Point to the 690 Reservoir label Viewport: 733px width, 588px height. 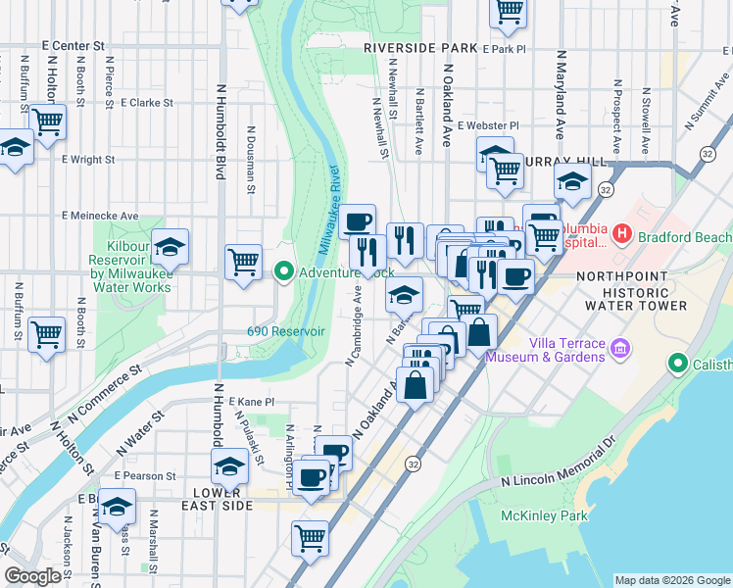(285, 331)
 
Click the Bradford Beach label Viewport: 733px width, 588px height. (684, 237)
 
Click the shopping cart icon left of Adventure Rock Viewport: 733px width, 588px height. (243, 262)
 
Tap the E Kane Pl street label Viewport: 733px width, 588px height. (252, 402)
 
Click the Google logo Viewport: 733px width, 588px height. (33, 576)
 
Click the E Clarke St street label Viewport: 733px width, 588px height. (146, 101)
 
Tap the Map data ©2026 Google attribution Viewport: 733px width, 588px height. (670, 580)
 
